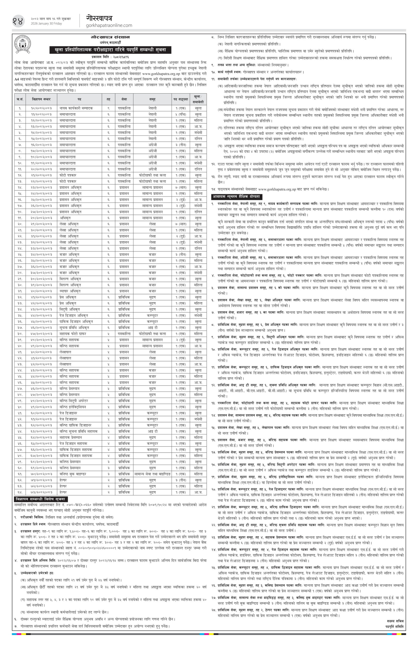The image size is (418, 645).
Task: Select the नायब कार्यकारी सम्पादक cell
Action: pos(76,108)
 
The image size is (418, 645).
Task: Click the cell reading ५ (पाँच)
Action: pos(179,114)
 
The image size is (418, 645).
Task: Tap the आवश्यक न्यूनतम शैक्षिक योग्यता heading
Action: pos(236,196)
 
